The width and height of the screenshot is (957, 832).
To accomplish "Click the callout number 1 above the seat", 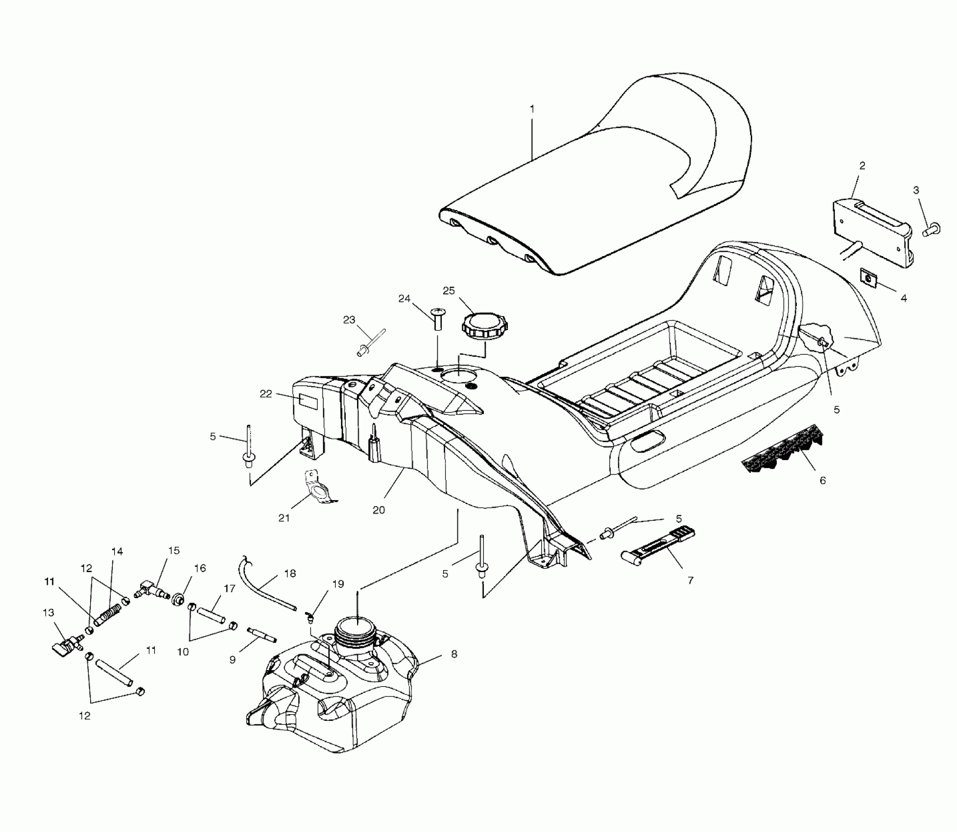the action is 532,109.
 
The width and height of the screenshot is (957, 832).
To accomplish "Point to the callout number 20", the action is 379,510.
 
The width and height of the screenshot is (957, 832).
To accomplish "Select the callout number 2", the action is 862,166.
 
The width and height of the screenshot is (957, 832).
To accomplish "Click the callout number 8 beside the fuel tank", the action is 454,654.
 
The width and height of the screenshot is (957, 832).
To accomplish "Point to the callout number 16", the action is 200,568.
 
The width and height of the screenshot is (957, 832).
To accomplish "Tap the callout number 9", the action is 233,660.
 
